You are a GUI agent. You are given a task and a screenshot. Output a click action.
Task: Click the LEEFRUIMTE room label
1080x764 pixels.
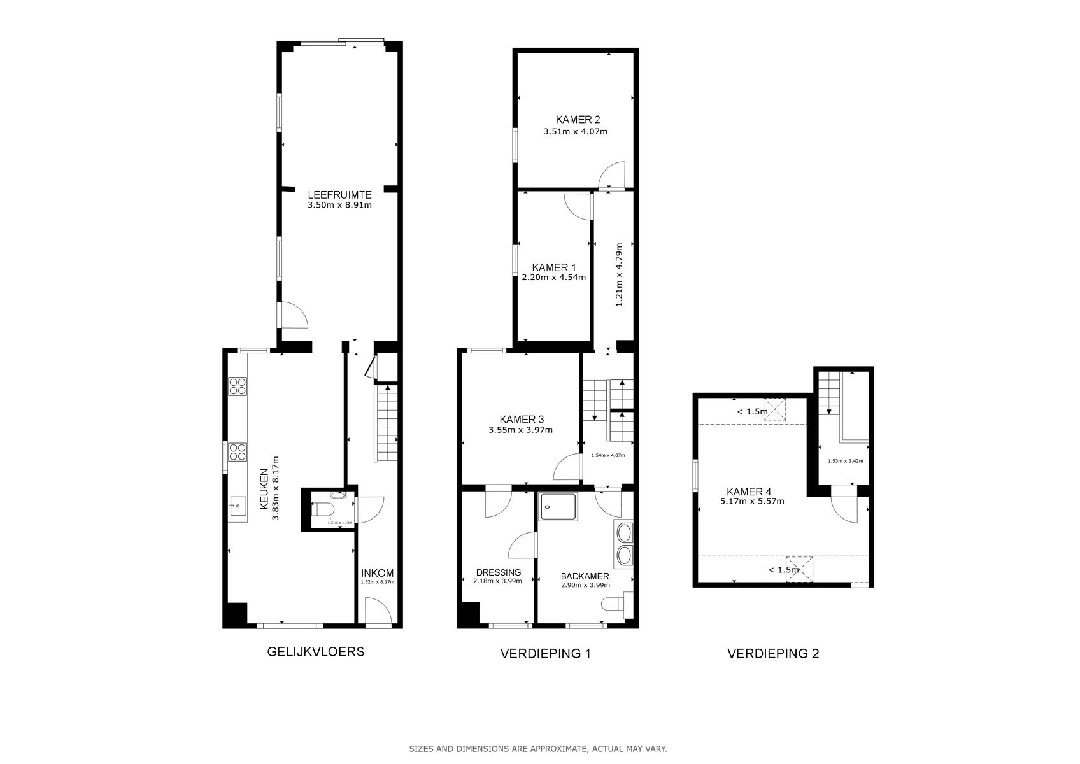339,195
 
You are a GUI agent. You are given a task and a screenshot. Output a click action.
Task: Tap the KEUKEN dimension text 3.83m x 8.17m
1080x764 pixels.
276,488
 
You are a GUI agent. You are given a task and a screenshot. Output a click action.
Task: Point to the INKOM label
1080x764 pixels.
377,572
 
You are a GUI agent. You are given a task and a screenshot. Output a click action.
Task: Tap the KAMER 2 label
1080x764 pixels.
578,119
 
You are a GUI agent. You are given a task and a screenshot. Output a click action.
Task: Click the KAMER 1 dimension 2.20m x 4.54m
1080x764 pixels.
553,277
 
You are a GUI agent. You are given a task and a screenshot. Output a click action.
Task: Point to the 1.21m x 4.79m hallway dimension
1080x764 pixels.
618,275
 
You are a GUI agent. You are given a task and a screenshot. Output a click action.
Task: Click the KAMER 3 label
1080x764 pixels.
521,419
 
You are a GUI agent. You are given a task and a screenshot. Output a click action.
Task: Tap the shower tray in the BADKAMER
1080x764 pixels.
558,506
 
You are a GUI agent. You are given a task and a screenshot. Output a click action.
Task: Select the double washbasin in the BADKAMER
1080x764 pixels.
623,544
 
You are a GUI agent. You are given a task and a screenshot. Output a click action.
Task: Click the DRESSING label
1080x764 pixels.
498,572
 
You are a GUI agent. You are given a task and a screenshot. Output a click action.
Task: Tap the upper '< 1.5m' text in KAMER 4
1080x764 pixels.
752,411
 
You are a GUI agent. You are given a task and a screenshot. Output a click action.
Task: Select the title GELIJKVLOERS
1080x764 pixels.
315,651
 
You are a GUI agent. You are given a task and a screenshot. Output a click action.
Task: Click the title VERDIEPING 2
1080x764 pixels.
773,653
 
